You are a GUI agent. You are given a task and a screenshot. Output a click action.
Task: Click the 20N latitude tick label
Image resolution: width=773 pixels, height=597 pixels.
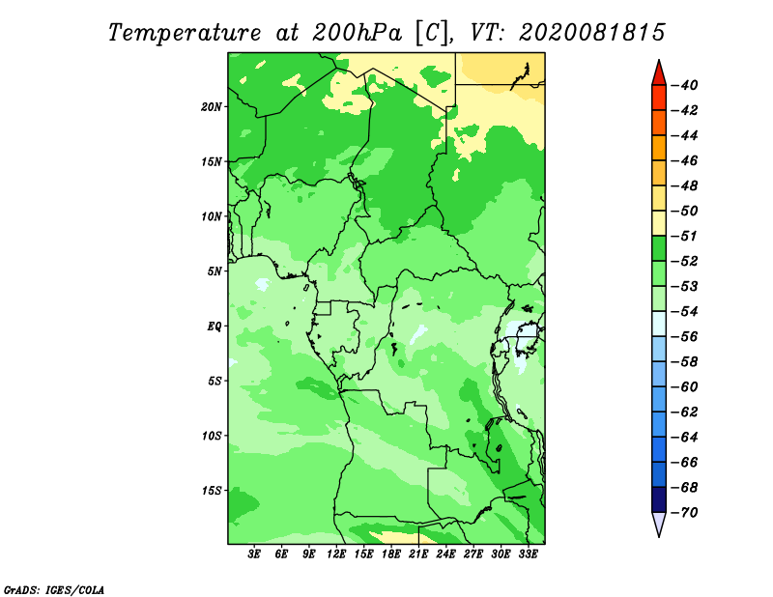pos(211,107)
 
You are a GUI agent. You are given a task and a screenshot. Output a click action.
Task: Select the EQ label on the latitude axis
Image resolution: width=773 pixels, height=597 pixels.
pos(214,327)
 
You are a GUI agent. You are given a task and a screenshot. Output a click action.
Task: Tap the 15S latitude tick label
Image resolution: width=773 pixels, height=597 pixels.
pos(211,491)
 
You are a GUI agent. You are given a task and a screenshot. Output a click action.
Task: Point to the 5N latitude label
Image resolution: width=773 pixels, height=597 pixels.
pos(214,271)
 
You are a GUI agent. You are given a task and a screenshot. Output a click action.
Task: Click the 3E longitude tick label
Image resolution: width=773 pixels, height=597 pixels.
pos(254,554)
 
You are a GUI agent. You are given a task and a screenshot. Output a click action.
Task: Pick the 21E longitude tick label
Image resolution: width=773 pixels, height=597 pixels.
pos(418,554)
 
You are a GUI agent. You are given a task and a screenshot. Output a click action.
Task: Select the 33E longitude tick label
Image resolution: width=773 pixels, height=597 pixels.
pos(528,554)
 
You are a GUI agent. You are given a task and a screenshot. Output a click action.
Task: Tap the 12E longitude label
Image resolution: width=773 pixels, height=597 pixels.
pos(336,554)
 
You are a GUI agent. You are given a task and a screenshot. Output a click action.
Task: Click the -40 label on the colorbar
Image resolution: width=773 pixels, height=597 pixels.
pos(684,85)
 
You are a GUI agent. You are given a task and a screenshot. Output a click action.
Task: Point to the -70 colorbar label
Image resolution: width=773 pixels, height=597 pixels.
pos(684,513)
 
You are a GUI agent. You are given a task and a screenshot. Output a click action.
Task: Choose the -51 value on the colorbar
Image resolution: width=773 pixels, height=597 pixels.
pos(684,236)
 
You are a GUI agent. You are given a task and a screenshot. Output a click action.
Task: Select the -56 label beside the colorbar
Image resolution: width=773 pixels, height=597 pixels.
pos(684,337)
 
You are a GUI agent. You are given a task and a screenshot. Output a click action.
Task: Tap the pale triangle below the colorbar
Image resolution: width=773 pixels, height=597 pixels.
pos(659,523)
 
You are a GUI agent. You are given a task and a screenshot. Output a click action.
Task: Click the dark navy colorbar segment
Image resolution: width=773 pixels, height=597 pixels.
pos(659,499)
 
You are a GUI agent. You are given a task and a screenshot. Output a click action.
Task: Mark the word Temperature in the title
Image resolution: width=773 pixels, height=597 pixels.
pos(184,34)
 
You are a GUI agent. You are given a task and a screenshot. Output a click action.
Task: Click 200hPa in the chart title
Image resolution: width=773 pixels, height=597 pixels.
pos(357,33)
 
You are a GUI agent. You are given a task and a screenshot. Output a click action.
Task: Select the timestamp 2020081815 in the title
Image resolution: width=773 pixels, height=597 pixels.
pos(592,33)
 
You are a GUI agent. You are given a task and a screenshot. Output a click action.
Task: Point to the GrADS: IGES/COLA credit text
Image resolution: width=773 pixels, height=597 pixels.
pos(54,590)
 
